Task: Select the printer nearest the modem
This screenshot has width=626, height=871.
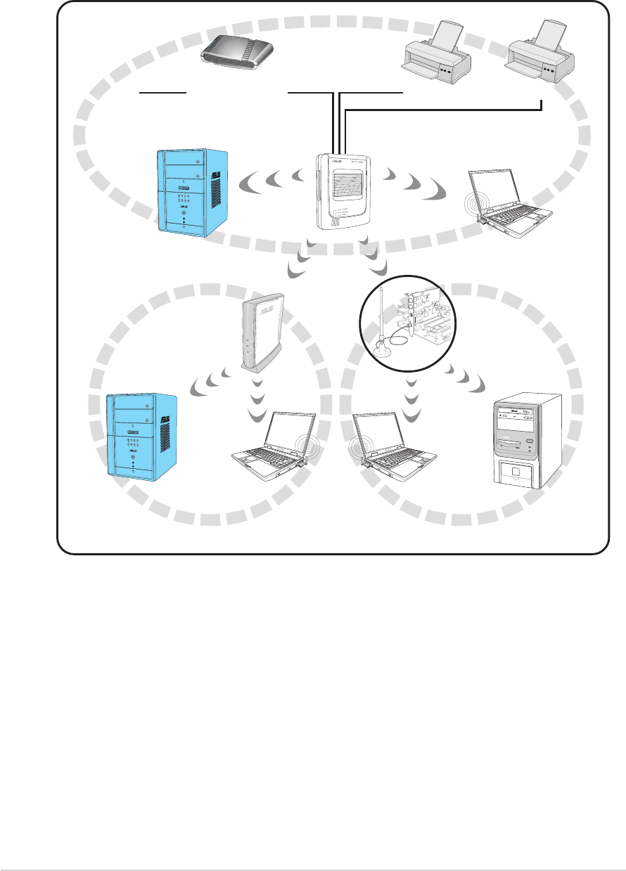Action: [x=436, y=57]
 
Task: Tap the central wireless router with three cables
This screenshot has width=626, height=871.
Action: [x=344, y=190]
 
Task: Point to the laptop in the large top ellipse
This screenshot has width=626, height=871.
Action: [x=510, y=200]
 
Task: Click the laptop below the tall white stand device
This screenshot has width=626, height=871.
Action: [x=275, y=450]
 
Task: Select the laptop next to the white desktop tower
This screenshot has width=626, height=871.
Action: [x=387, y=450]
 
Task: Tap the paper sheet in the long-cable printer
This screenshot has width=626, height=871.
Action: [x=549, y=32]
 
